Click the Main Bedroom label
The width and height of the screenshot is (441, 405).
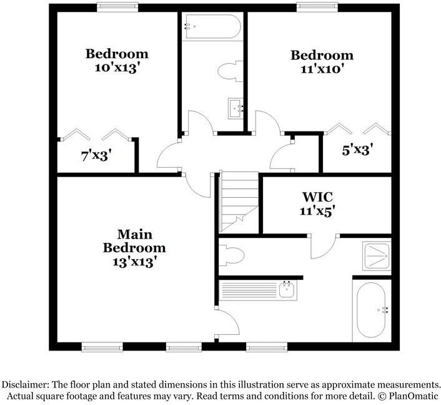tap(134, 241)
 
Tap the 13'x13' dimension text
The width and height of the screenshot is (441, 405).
tap(134, 262)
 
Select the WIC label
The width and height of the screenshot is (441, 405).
tap(317, 197)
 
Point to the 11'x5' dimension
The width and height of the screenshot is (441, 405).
tap(317, 211)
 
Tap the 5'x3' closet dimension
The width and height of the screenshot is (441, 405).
tap(357, 150)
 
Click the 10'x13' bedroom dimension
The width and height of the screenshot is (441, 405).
tap(117, 68)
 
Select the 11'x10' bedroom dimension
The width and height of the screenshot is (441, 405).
tap(322, 69)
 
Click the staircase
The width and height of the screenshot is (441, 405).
tap(239, 202)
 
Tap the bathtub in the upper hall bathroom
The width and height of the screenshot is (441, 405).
tap(212, 26)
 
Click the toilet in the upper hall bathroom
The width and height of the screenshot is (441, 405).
tap(230, 71)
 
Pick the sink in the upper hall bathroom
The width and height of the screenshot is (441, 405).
tap(235, 108)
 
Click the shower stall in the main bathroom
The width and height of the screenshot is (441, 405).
tap(376, 256)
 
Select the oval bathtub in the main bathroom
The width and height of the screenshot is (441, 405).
tap(371, 310)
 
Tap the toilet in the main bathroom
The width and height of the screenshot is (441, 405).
tap(232, 255)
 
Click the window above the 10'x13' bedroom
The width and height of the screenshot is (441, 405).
tap(117, 7)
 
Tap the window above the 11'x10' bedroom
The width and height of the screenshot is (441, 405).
tap(317, 7)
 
